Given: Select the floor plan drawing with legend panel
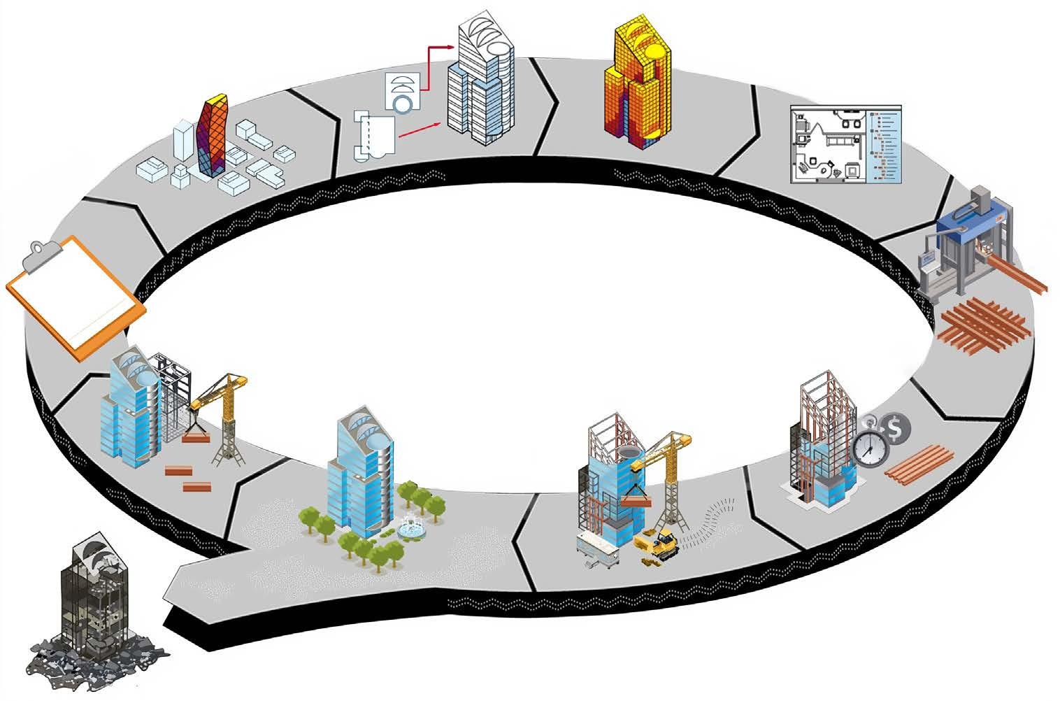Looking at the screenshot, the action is [845, 144].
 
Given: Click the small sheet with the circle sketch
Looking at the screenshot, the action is [403, 91].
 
